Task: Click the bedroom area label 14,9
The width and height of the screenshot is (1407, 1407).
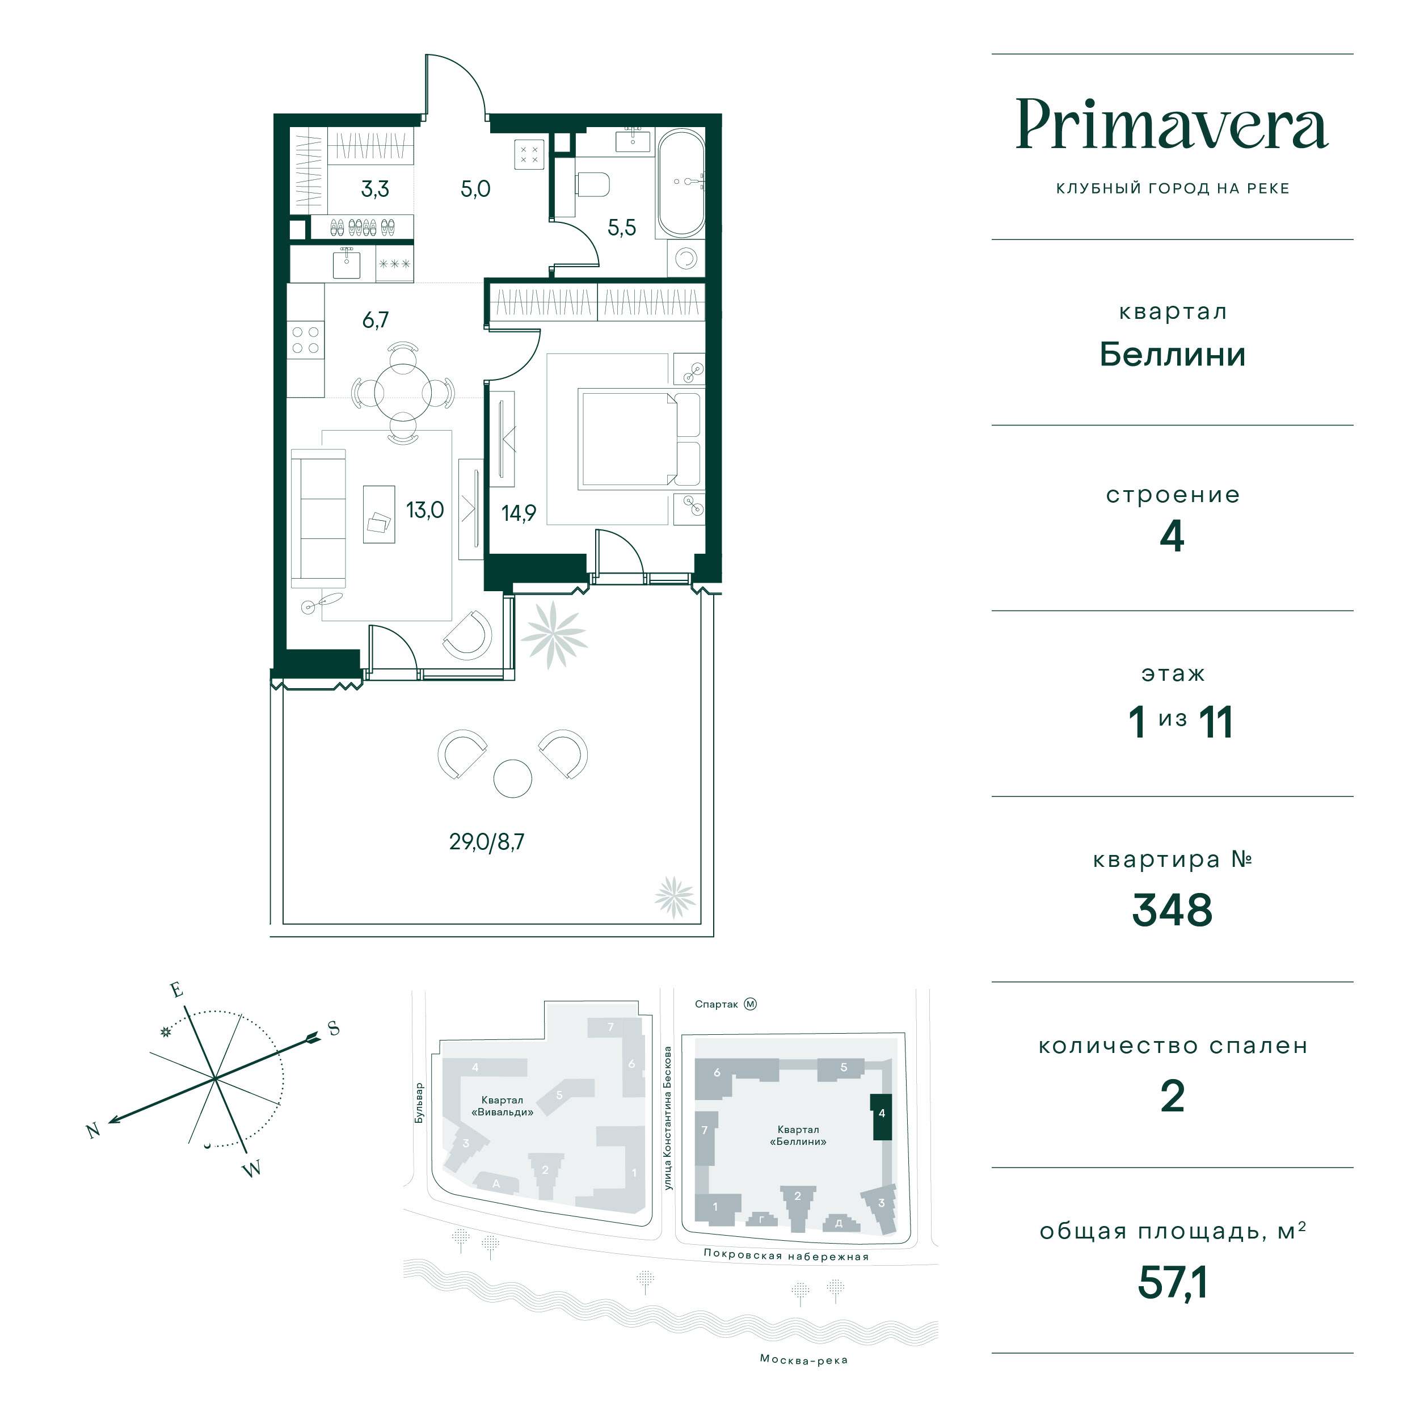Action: point(519,513)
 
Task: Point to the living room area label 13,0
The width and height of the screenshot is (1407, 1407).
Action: point(424,510)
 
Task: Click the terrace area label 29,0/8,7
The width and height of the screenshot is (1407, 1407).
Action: point(486,842)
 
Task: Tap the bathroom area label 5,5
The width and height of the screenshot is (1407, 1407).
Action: point(622,228)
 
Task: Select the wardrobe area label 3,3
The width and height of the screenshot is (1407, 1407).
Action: point(375,189)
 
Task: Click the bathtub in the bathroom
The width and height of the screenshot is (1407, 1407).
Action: point(681,183)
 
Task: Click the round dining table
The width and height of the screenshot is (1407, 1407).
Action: point(403,393)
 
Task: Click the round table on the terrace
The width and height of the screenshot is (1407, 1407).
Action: point(513,778)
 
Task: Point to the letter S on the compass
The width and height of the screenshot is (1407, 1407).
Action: point(334,1029)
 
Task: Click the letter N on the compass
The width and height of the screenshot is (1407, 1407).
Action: point(92,1130)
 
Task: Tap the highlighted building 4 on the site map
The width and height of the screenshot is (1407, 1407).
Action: point(881,1116)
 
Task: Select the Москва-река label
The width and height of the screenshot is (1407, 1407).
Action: point(803,1359)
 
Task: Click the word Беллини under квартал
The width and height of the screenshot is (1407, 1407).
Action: point(1172,355)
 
